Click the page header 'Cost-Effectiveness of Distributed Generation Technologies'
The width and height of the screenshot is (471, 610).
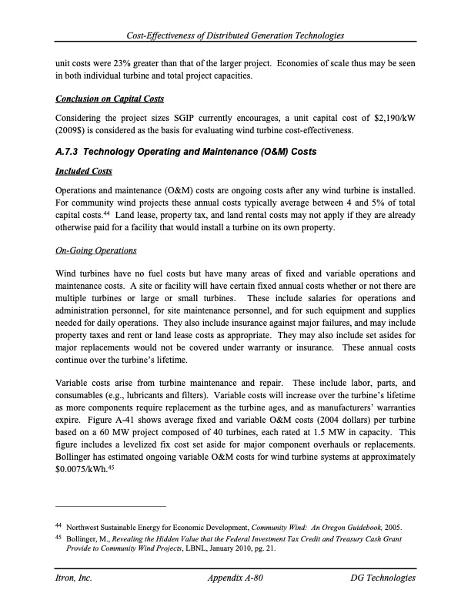point(235,36)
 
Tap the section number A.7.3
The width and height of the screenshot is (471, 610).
point(70,152)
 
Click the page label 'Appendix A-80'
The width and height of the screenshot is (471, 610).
point(236,577)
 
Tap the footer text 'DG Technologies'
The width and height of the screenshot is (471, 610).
point(382,577)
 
